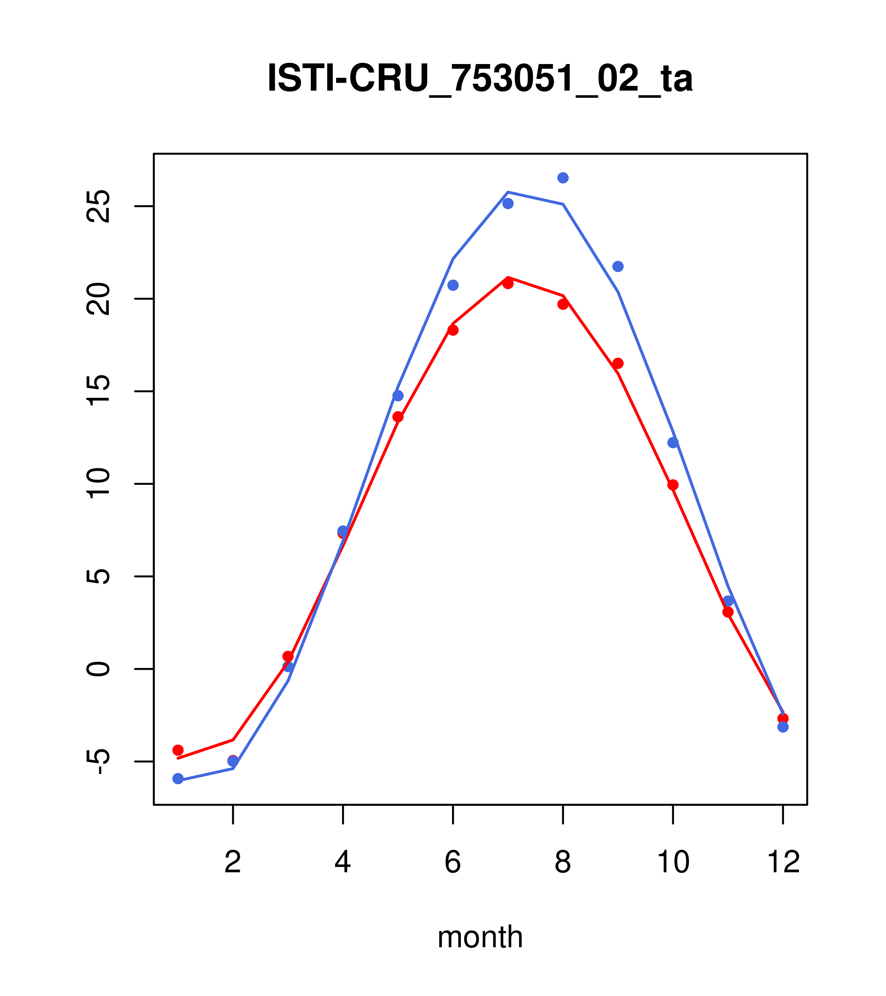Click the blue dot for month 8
[563, 178]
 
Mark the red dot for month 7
[508, 283]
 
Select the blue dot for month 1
[178, 779]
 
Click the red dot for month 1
[178, 750]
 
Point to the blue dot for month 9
[618, 266]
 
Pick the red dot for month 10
[673, 485]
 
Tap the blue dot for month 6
[453, 285]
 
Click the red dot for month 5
[398, 417]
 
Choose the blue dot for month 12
[783, 727]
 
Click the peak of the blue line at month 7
[508, 192]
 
